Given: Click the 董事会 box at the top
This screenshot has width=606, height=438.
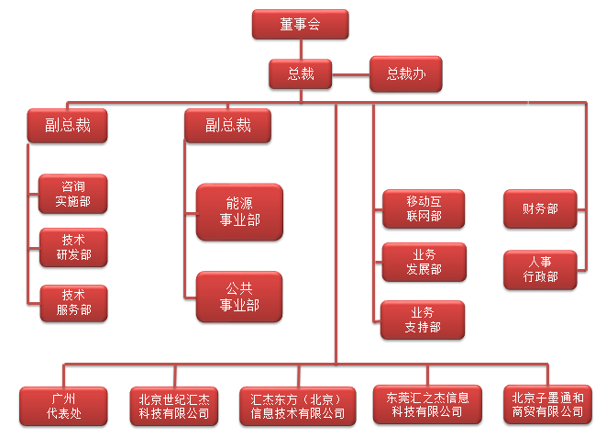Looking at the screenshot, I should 300,24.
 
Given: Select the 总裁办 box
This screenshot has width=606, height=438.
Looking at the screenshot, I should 404,74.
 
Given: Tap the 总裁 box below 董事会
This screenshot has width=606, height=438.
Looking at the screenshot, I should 301,74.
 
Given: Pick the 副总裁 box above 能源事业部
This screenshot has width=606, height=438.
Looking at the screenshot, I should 228,125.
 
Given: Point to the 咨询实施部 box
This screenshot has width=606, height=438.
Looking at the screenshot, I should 74,193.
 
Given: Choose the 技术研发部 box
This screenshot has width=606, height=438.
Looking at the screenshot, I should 74,246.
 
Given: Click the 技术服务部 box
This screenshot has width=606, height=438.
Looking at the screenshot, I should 74,302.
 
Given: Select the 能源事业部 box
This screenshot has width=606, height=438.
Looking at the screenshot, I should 239,211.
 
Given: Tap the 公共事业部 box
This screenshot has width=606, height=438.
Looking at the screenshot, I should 239,296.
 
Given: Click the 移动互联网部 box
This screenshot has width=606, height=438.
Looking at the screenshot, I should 424,208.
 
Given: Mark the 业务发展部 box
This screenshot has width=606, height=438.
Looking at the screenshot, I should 424,262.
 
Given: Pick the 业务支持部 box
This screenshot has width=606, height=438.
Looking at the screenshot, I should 424,320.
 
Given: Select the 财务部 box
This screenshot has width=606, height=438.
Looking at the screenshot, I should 540,208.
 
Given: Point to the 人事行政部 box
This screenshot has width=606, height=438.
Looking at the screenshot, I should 540,269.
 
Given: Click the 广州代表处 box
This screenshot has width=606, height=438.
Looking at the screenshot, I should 63,405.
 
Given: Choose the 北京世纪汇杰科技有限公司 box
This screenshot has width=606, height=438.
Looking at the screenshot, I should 173,405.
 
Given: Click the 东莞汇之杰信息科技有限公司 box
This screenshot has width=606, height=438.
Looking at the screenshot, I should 427,404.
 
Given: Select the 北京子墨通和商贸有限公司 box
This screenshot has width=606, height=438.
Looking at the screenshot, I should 547,404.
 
